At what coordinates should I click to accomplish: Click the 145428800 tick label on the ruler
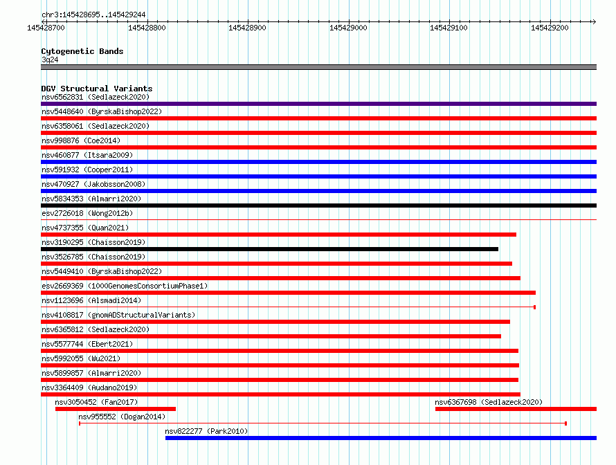(147, 28)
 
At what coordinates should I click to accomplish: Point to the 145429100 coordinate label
(449, 28)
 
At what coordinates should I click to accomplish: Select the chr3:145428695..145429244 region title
(93, 15)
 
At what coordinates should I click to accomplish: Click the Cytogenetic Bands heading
(82, 51)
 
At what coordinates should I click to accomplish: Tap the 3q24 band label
(50, 60)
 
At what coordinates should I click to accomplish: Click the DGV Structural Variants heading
(97, 89)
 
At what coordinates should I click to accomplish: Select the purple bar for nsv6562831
(318, 104)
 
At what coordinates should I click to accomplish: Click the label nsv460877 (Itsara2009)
(87, 155)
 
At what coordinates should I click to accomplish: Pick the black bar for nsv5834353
(318, 206)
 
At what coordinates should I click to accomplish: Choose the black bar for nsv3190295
(269, 249)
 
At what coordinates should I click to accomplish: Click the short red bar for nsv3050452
(116, 409)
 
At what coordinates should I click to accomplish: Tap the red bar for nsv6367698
(516, 409)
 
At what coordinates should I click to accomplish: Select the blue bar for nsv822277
(381, 438)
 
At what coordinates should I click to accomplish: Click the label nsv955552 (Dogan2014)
(122, 417)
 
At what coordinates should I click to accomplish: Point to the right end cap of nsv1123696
(535, 307)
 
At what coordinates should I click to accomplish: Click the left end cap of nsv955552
(80, 423)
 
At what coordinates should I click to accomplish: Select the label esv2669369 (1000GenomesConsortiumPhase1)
(125, 286)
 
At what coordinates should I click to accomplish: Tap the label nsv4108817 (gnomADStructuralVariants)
(118, 315)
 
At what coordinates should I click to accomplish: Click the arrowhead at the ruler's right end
(594, 21)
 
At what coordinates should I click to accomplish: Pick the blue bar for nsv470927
(318, 191)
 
